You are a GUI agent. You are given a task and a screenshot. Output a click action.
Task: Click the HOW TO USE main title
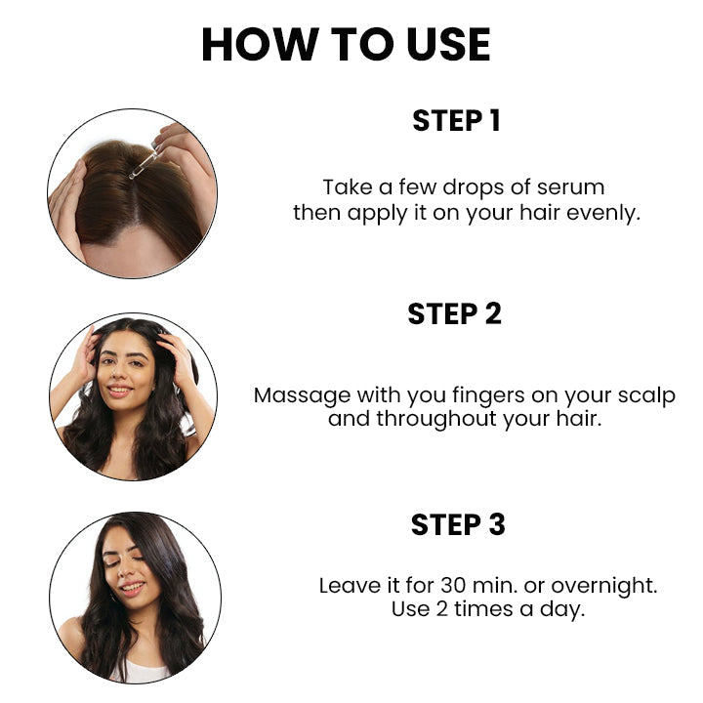tap(346, 45)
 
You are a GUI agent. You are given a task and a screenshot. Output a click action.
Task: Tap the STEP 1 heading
tap(456, 121)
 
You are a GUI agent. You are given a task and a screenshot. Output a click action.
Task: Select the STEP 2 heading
tap(454, 313)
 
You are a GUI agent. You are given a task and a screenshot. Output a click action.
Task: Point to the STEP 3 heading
tap(458, 524)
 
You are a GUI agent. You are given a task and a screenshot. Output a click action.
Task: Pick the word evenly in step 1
tap(605, 213)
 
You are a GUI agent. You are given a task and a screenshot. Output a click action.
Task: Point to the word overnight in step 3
tap(604, 586)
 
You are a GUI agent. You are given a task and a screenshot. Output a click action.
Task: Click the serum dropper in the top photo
tap(144, 163)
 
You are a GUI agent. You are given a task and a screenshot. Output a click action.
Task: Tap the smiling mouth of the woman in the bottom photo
tap(134, 588)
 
